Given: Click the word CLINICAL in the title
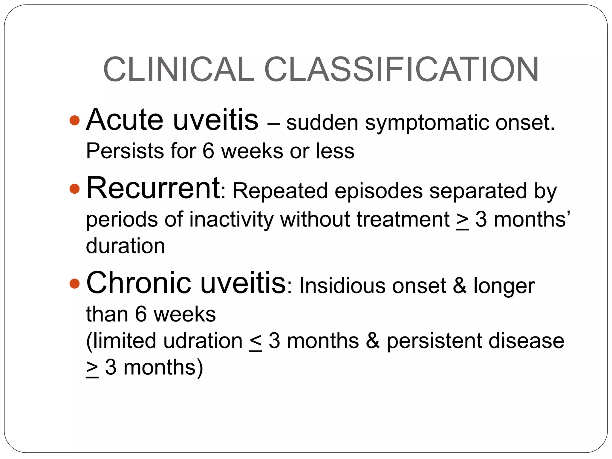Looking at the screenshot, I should tap(178, 69).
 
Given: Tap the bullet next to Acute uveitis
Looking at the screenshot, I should tap(74, 120).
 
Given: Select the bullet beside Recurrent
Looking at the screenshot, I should tap(74, 189).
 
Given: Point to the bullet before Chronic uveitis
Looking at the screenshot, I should tap(74, 283).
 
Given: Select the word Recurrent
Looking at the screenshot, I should tap(153, 188).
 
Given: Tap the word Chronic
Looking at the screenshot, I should tap(138, 283).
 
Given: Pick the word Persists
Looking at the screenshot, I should tap(125, 151).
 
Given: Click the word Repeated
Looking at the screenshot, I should tap(280, 191).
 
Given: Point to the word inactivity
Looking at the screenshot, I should tap(231, 220).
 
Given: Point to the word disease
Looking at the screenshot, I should tap(526, 341).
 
